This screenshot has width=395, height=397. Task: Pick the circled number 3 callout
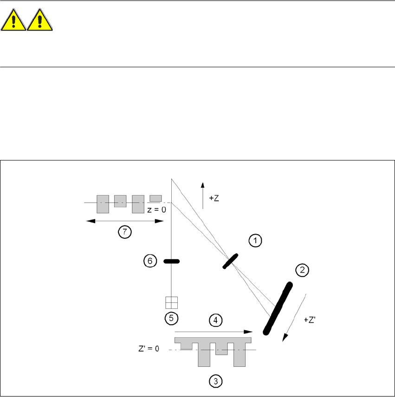(216, 381)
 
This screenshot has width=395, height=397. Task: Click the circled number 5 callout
(172, 318)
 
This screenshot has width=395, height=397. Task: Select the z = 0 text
(156, 210)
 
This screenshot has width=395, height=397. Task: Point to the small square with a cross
(172, 302)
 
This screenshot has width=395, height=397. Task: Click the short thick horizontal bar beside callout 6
(172, 262)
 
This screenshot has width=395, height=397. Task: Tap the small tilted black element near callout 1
(230, 261)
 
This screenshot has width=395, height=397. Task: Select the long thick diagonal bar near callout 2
(278, 308)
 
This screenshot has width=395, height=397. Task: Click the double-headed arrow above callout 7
(125, 221)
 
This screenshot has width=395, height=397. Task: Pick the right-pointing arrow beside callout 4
(213, 332)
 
